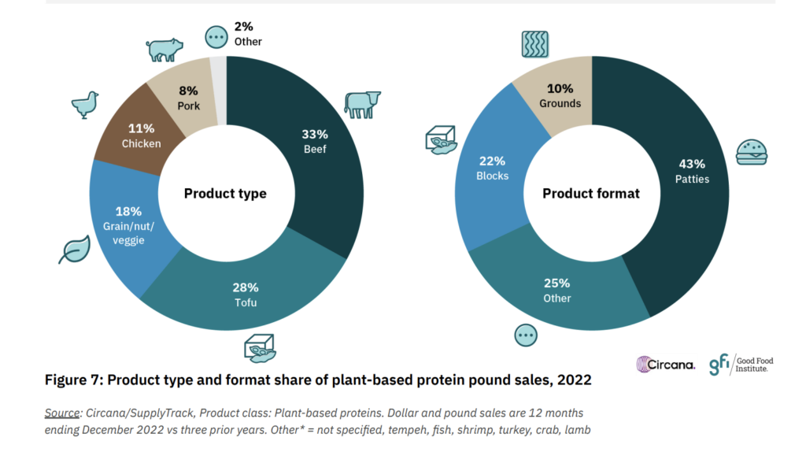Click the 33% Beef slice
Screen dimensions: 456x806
pyautogui.click(x=315, y=142)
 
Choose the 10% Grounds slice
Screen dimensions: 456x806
pyautogui.click(x=560, y=95)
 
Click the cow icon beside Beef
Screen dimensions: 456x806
pyautogui.click(x=362, y=104)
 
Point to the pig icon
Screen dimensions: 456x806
pyautogui.click(x=165, y=50)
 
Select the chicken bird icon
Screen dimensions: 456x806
pyautogui.click(x=84, y=104)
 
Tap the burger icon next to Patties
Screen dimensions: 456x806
pyautogui.click(x=751, y=152)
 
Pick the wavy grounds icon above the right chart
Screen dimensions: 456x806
pyautogui.click(x=535, y=43)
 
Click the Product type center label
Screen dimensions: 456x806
pyautogui.click(x=225, y=193)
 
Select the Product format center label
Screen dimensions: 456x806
pyautogui.click(x=590, y=193)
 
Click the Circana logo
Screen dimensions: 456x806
pyautogui.click(x=666, y=364)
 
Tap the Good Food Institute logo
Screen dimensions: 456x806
pyautogui.click(x=741, y=365)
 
